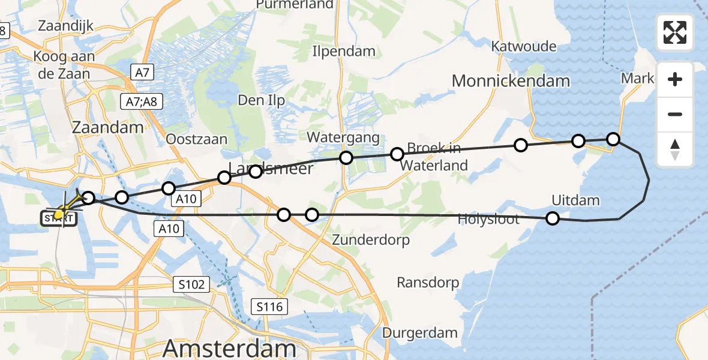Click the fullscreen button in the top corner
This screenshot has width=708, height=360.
(x=675, y=32)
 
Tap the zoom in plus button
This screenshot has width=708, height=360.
(x=675, y=80)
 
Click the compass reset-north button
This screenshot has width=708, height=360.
(x=675, y=149)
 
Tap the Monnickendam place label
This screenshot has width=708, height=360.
(x=511, y=81)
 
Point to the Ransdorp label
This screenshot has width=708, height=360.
(x=428, y=282)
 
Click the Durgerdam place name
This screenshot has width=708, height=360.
(x=420, y=332)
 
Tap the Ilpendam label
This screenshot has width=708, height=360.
(x=344, y=52)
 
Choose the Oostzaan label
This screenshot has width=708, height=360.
(x=196, y=139)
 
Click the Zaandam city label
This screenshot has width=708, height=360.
(x=108, y=127)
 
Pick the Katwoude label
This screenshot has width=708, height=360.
(x=523, y=46)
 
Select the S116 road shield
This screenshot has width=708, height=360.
(x=269, y=307)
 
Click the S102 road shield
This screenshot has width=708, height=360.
(x=191, y=284)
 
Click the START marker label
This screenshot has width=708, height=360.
(x=59, y=218)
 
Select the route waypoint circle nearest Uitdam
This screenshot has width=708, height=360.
(x=553, y=218)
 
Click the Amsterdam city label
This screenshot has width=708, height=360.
(x=230, y=348)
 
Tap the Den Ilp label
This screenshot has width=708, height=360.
(x=261, y=100)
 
